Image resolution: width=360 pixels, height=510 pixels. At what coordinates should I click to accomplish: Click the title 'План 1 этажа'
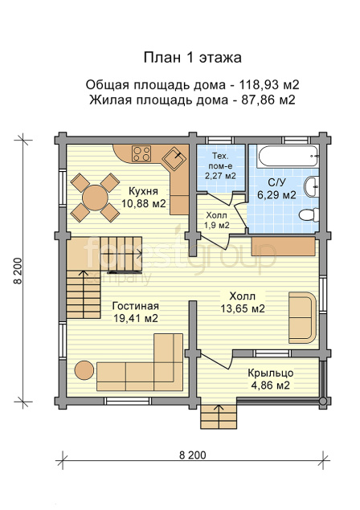[x=193, y=58]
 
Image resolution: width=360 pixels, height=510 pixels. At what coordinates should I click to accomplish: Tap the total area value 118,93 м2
[x=269, y=85]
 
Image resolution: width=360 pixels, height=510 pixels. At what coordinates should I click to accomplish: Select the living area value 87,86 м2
[x=268, y=100]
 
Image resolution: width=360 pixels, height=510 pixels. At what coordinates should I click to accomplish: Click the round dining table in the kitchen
[x=95, y=198]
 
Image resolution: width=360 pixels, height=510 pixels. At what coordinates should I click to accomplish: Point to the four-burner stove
[x=141, y=154]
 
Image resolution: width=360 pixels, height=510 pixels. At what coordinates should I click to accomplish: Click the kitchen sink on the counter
[x=174, y=158]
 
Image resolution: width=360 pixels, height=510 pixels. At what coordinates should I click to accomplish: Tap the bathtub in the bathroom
[x=287, y=157]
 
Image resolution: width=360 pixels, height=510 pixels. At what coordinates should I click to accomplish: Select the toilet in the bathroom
[x=309, y=215]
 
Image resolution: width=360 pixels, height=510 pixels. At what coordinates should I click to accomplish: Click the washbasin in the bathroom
[x=312, y=187]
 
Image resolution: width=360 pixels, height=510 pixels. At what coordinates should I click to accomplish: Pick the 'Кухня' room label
[x=143, y=190]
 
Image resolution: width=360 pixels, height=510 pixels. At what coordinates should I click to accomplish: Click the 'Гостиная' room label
[x=136, y=306]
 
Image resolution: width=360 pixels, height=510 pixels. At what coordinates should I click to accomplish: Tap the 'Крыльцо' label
[x=271, y=373]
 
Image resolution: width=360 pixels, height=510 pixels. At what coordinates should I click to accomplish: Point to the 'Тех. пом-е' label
[x=220, y=161]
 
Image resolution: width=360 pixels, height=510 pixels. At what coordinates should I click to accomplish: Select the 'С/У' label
[x=276, y=183]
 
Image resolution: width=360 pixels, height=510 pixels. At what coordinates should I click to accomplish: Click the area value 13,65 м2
[x=243, y=308]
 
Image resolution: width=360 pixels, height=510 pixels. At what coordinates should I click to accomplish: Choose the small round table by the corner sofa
[x=84, y=370]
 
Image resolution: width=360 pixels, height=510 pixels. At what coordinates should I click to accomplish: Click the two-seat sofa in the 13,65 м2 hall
[x=302, y=317]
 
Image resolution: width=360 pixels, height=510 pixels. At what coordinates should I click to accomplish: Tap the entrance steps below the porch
[x=218, y=417]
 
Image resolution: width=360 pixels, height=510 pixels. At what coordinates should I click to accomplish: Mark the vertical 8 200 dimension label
[x=18, y=271]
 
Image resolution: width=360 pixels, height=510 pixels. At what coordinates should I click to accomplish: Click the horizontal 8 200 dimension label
[x=193, y=455]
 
